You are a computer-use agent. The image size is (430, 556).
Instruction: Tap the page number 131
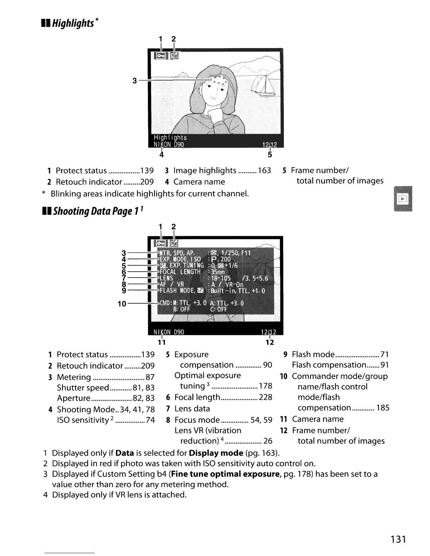(x=398, y=539)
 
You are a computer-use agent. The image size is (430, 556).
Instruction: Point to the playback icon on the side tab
(x=403, y=199)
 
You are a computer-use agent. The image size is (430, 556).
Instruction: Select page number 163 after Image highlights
(x=264, y=171)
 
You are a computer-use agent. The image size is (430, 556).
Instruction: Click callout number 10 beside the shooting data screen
(x=122, y=304)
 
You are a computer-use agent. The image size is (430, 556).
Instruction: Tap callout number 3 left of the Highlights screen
(x=135, y=81)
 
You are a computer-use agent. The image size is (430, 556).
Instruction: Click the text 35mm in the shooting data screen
(x=218, y=272)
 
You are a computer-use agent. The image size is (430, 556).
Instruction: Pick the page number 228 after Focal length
(x=266, y=397)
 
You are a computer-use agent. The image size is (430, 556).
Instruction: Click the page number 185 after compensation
(x=383, y=408)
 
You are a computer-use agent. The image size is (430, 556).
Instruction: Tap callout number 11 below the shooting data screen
(x=162, y=342)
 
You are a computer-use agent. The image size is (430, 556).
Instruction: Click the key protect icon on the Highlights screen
(x=161, y=55)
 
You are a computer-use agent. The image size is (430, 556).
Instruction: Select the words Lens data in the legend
(x=192, y=409)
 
